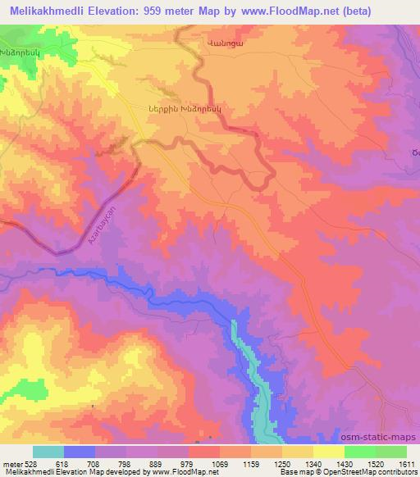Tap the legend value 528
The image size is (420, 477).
[x=33, y=464]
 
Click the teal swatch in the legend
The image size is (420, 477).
[x=48, y=452]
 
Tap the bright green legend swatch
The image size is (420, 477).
[x=359, y=452]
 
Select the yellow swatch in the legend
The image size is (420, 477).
[x=328, y=452]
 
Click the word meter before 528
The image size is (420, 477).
[x=11, y=464]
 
